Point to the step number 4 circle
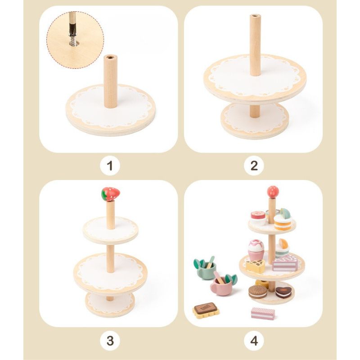254,341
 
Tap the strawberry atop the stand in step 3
111,194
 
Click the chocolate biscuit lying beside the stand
206,311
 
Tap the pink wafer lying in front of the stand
263,314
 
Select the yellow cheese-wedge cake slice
256,266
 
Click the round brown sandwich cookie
258,292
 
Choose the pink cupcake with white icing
256,249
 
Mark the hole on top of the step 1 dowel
111,58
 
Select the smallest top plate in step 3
110,229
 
